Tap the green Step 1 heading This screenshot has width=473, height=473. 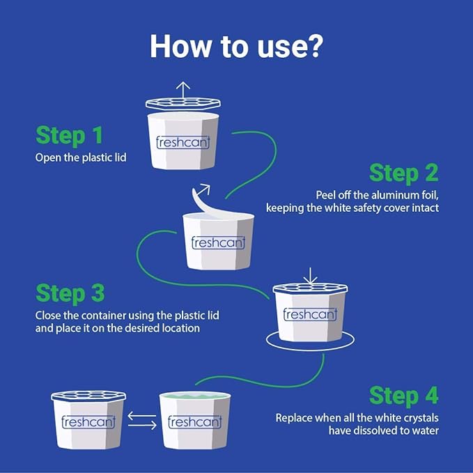70,135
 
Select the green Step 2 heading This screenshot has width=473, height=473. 404,173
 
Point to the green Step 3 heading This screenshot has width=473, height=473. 70,293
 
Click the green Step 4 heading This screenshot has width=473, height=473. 404,396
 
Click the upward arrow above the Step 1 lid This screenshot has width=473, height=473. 183,90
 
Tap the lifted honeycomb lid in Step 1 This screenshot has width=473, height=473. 183,104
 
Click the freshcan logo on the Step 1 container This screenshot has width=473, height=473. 183,142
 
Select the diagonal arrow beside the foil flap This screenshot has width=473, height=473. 203,189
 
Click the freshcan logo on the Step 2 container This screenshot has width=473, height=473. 219,242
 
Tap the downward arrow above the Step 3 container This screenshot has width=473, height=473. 310,276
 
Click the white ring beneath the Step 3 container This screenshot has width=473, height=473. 310,349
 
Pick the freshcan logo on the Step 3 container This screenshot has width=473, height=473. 311,314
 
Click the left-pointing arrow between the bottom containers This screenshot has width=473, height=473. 142,416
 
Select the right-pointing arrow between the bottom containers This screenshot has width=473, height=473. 142,425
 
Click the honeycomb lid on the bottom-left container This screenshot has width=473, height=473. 88,396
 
